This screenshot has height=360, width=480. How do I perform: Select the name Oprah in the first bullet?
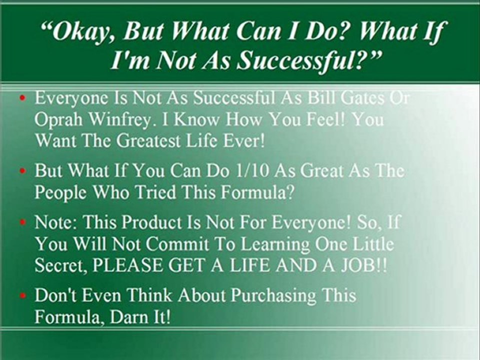[58, 120]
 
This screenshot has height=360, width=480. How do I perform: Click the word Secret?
[60, 265]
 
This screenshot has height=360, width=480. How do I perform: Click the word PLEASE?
[127, 265]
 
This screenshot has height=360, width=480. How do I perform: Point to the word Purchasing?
[273, 296]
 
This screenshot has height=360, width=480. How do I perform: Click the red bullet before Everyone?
[22, 98]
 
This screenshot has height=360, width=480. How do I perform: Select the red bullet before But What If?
[22, 171]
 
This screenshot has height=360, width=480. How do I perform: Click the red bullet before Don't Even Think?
[22, 295]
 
